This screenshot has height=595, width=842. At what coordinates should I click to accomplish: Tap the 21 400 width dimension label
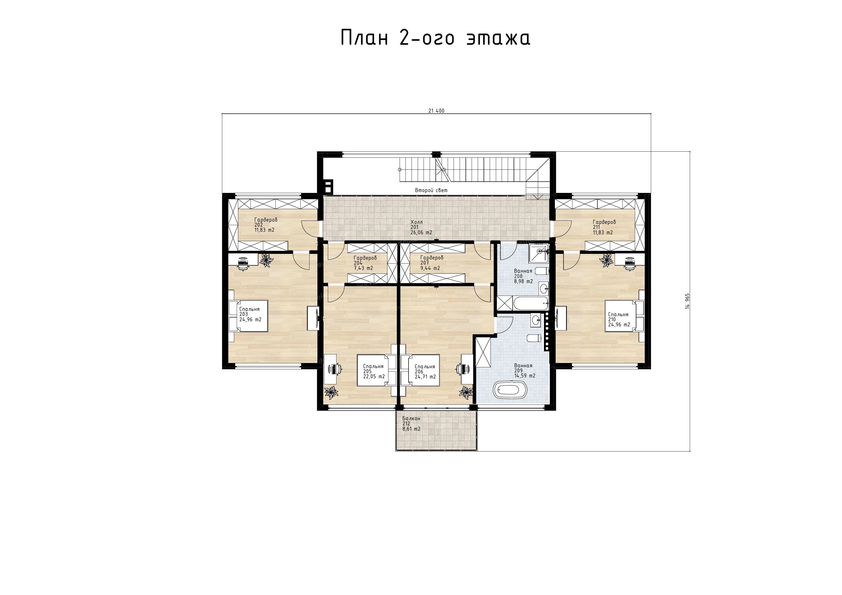coord(437,111)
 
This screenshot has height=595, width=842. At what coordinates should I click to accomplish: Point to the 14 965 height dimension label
coord(687,301)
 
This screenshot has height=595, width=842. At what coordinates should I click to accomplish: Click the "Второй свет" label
coord(431,190)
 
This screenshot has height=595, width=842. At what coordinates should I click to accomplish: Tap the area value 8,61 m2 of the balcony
coord(412,429)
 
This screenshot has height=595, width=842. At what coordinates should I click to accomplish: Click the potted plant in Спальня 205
coord(331,391)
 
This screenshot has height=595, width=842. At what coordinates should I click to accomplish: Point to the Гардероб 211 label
coord(604,227)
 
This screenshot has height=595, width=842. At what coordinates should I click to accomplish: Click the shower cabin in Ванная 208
coord(539,253)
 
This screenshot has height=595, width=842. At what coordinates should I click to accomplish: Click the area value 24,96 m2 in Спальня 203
coord(250,319)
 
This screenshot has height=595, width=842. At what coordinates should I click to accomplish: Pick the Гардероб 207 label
coord(432,263)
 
